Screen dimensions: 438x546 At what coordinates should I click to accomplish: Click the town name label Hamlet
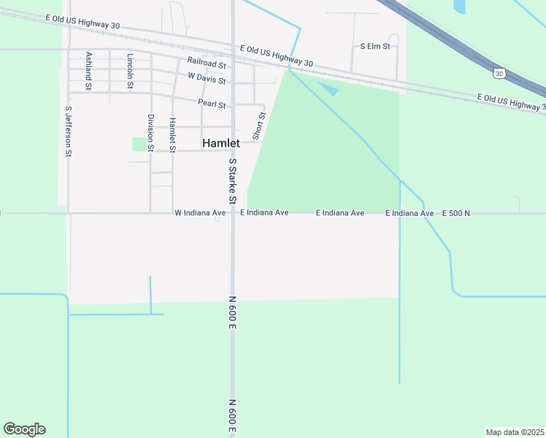[x=220, y=144]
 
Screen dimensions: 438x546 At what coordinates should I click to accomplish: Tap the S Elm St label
[x=375, y=46]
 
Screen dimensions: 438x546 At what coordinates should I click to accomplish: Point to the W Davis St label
[x=207, y=77]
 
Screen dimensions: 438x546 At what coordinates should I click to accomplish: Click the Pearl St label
[x=212, y=104]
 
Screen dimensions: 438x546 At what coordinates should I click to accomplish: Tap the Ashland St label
[x=89, y=71]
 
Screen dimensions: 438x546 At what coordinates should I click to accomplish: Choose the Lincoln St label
[x=131, y=72]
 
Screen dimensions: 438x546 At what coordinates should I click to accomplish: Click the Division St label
[x=150, y=132]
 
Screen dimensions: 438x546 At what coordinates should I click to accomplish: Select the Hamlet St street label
[x=173, y=135]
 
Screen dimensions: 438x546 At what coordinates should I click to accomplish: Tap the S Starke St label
[x=233, y=181]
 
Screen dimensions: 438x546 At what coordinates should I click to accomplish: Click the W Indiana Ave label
[x=200, y=213]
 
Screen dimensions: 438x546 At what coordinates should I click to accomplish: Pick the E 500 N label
[x=456, y=213]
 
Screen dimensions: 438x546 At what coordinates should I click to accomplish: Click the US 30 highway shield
[x=499, y=73]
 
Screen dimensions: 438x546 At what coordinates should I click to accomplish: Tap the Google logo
[x=24, y=429]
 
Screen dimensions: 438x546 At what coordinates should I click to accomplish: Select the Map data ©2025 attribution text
[x=515, y=432]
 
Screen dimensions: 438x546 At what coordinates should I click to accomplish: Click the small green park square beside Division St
[x=139, y=144]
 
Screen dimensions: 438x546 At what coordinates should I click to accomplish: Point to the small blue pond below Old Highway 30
[x=328, y=90]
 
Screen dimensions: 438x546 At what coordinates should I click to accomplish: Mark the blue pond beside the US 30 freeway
[x=459, y=7]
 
